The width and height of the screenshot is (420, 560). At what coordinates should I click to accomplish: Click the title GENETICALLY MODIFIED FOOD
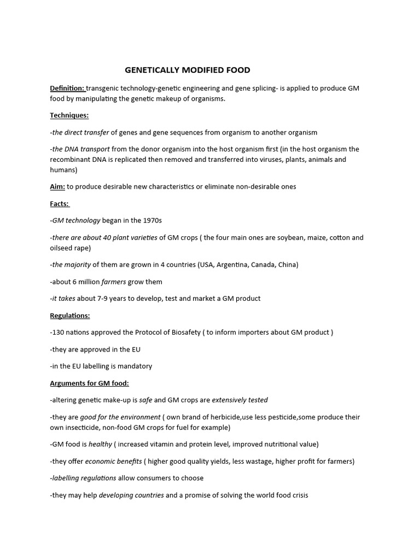click(188, 70)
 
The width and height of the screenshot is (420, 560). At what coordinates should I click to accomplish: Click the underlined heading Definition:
click(67, 88)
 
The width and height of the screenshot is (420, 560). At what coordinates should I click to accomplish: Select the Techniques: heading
click(69, 115)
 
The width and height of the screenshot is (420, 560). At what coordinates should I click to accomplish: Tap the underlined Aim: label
click(57, 186)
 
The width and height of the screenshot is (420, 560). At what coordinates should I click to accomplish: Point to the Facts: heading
click(59, 203)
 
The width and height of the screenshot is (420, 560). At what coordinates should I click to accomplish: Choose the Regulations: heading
click(69, 316)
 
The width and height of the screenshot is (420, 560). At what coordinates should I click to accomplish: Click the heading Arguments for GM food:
click(89, 383)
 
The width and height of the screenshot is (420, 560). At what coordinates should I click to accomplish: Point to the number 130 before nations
click(59, 332)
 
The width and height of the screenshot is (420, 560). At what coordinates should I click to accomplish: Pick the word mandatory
click(134, 366)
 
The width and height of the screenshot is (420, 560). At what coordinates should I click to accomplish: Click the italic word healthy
click(100, 444)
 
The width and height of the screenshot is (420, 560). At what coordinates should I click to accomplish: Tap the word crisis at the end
click(298, 495)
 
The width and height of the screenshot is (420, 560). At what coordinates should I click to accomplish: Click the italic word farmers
click(114, 282)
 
